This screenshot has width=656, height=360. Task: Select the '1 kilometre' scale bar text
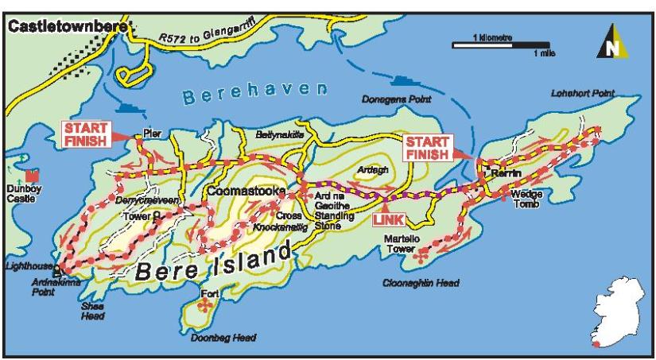(492, 37)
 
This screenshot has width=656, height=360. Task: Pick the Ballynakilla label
(279, 136)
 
